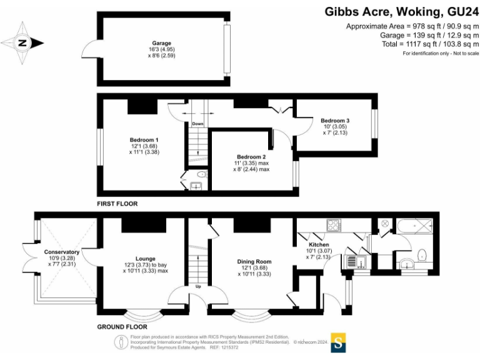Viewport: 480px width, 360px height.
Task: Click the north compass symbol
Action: pos(21,43)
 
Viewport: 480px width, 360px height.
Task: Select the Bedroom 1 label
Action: pos(144,139)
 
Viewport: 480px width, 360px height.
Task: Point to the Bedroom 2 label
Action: pos(252,157)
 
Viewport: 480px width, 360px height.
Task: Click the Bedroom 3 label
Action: pos(335,121)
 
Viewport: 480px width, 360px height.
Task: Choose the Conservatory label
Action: pos(61,252)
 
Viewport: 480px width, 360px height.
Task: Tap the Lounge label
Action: pos(145,258)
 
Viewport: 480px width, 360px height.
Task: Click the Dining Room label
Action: pos(254,262)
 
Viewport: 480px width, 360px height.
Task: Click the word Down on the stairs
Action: pos(197,124)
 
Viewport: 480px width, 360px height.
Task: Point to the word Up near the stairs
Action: pos(199,287)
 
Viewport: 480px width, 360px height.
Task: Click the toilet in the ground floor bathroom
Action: pos(422,254)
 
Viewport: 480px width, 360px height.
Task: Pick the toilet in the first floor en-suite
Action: pos(201,174)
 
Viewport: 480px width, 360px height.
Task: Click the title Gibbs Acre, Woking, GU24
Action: pos(402,11)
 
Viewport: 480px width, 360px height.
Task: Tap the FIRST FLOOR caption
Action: pos(117,204)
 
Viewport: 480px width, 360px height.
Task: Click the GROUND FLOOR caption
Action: pos(122,327)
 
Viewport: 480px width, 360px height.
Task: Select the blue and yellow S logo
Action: pos(338,342)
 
